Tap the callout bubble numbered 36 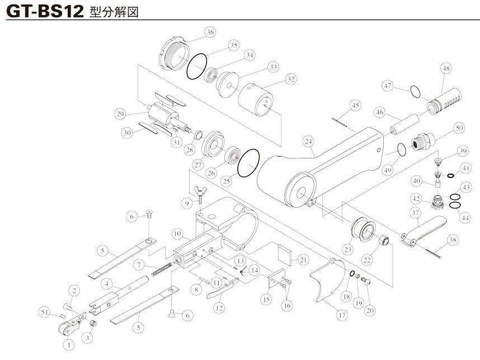coord(210,32)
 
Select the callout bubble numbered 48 coord(445,69)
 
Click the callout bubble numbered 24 coord(309,141)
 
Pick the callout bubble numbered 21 coord(303,259)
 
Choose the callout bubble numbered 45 coord(355,105)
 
